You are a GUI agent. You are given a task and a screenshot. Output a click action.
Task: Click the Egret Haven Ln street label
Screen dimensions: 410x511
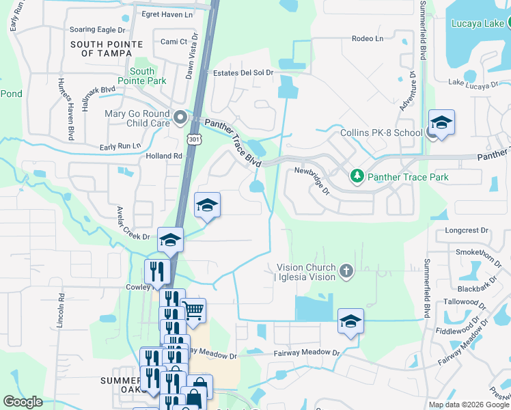click(167, 14)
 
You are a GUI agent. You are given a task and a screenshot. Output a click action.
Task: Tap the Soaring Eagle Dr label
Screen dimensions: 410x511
click(98, 30)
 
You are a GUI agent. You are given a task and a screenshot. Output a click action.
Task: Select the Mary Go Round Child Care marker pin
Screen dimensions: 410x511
click(180, 118)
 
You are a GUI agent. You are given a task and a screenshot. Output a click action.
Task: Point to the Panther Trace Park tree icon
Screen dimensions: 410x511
click(357, 177)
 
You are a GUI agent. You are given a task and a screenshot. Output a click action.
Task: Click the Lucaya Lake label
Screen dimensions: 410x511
click(478, 23)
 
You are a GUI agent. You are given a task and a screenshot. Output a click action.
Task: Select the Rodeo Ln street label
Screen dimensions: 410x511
click(368, 38)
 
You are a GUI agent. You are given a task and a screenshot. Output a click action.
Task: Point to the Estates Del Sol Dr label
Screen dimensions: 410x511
click(243, 72)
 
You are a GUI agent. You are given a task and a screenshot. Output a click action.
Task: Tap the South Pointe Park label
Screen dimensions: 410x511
click(142, 76)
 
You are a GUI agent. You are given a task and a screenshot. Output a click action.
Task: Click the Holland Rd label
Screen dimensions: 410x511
click(164, 156)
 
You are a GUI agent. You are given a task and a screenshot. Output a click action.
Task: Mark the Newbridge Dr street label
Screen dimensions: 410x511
click(312, 180)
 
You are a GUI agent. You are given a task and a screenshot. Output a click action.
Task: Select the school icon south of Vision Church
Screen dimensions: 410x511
click(350, 321)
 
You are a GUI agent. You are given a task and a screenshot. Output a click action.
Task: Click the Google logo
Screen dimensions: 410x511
click(23, 402)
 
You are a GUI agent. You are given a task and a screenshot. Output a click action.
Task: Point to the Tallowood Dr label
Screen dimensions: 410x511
click(464, 301)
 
